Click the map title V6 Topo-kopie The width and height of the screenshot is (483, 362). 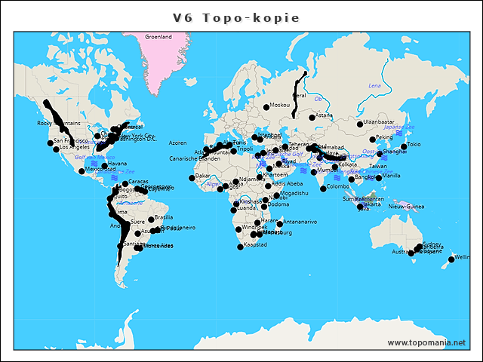point(235,18)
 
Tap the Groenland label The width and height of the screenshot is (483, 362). point(158,36)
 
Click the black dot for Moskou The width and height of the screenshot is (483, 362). point(266,105)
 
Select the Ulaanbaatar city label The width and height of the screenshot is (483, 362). point(379,121)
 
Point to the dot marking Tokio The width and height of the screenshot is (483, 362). point(404,146)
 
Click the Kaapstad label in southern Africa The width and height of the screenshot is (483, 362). point(255,244)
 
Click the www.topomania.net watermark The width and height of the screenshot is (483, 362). point(426,342)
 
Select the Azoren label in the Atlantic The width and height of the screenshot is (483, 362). point(177,143)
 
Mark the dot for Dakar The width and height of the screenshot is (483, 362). point(192,178)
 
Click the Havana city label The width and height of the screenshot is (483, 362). point(117,164)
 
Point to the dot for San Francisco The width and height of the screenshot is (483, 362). point(50,143)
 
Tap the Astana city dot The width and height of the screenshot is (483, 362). point(312,117)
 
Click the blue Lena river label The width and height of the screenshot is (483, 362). point(374,86)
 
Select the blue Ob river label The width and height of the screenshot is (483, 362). point(318,98)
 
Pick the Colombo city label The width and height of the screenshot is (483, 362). point(338,186)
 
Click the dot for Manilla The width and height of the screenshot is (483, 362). point(379,178)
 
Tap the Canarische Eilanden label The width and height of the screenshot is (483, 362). point(194,159)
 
